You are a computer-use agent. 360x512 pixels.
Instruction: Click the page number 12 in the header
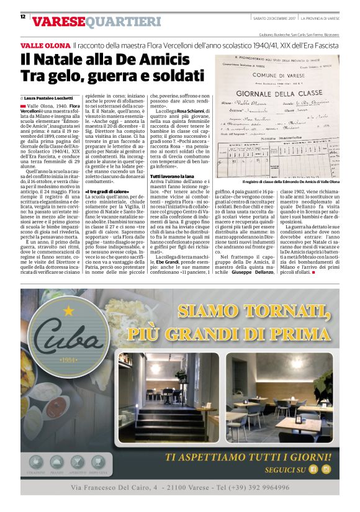[x=22, y=17]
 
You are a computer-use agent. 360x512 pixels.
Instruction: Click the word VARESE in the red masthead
[x=58, y=22]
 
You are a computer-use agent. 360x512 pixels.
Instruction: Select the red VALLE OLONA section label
[x=45, y=47]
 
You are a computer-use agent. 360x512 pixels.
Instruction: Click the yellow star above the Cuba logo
[x=69, y=308]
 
